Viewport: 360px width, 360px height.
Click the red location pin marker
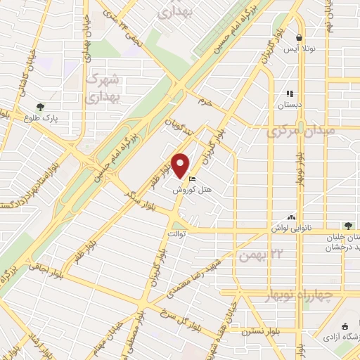point(181,165)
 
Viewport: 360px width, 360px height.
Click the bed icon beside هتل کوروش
point(193,179)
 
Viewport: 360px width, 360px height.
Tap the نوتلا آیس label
point(298,49)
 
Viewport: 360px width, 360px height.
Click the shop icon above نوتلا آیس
point(300,38)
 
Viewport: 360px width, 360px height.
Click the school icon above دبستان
point(289,94)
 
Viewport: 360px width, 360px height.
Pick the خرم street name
point(204,103)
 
